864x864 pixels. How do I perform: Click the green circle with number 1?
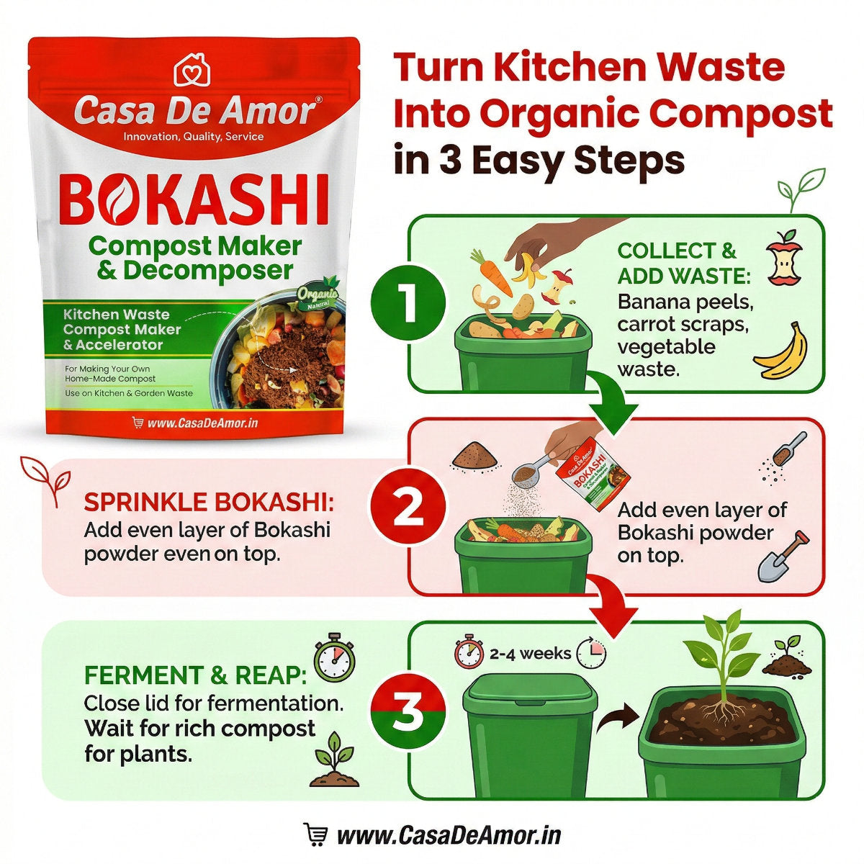click(x=408, y=302)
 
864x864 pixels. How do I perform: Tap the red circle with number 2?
click(x=408, y=508)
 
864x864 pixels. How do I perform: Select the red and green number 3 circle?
click(x=408, y=711)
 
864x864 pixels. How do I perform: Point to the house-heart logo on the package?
click(x=192, y=70)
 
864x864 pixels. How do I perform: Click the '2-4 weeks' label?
click(x=530, y=654)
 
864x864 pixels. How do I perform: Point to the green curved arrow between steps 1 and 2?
click(x=611, y=403)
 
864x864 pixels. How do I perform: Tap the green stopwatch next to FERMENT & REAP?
click(x=334, y=658)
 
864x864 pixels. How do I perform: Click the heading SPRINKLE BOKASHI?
click(x=209, y=503)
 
